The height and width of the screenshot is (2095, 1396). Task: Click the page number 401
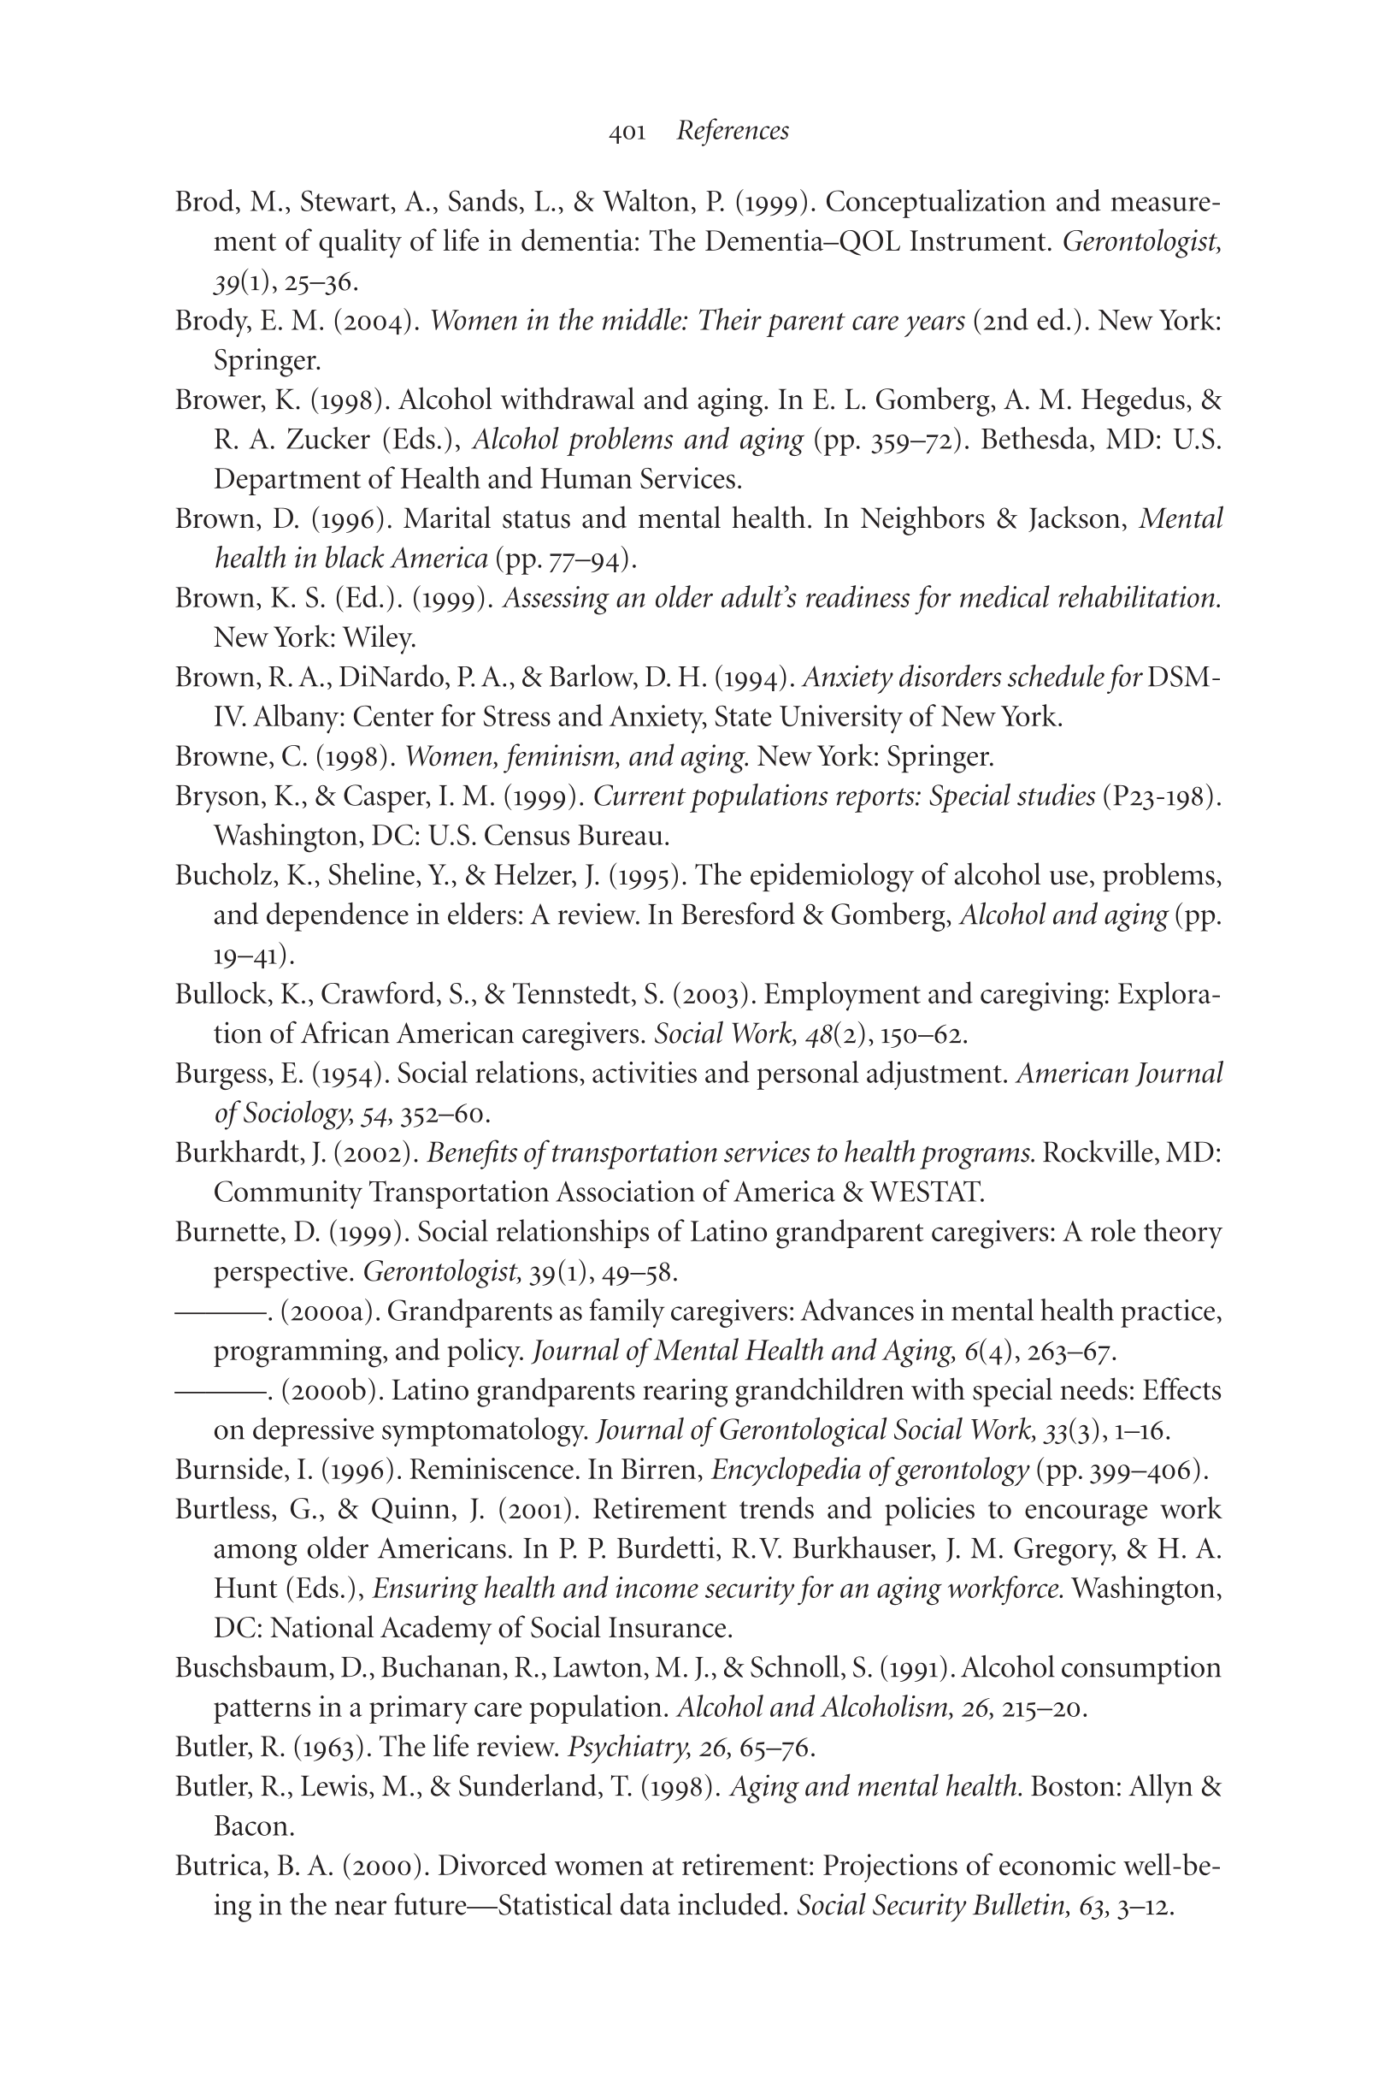[x=627, y=133]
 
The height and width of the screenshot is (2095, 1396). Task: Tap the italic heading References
[x=732, y=131]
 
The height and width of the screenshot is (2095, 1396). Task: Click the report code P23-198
[x=1157, y=796]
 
